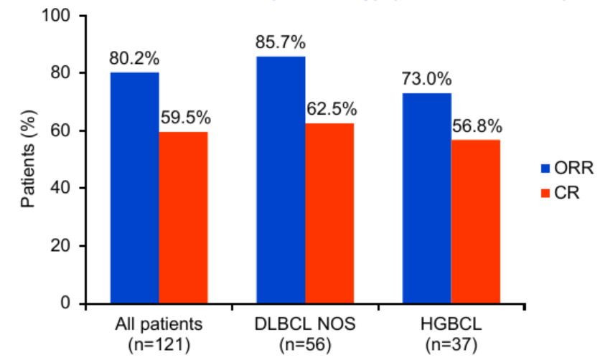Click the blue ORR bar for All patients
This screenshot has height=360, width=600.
click(134, 188)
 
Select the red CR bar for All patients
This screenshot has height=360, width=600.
click(184, 217)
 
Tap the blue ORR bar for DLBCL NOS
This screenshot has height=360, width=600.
click(281, 180)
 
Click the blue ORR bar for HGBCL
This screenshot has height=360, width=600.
click(427, 198)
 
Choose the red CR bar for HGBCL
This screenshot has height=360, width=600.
click(476, 222)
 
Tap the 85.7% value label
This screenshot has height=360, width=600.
click(281, 42)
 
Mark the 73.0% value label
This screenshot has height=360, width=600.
click(426, 80)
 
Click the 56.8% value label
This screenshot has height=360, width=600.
click(477, 127)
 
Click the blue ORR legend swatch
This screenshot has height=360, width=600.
click(544, 169)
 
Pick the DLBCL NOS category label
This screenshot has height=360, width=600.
click(306, 325)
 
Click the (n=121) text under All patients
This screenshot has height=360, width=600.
click(159, 345)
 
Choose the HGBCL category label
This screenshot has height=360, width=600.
click(451, 325)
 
